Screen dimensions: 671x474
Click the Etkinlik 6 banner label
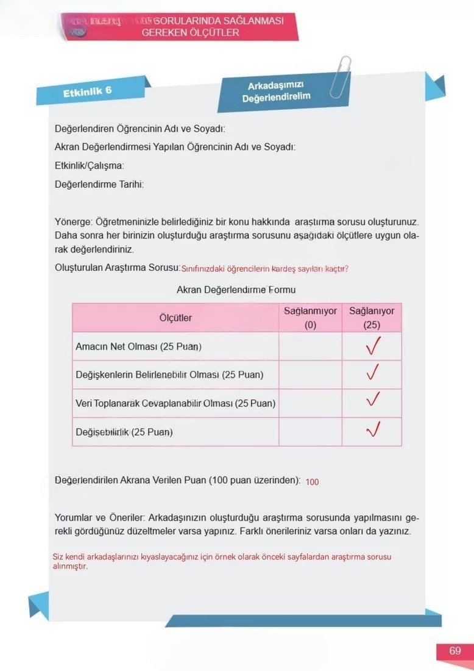point(88,91)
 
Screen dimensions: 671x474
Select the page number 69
point(455,651)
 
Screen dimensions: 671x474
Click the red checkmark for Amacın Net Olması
point(372,346)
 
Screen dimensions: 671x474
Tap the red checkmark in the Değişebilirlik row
point(373,431)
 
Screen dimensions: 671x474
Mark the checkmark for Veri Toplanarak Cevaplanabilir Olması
point(373,400)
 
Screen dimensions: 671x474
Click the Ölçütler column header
point(175,318)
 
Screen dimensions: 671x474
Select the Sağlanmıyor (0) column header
point(310,318)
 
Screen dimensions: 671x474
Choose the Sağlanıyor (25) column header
point(372,318)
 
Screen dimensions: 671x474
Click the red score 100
point(312,482)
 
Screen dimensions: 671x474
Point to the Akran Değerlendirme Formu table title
point(236,290)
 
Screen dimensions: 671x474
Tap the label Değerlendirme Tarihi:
point(99,185)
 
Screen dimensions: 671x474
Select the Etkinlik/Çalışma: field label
point(89,165)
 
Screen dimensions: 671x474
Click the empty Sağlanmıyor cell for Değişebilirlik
point(310,432)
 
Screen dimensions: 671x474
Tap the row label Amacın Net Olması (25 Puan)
point(138,346)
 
